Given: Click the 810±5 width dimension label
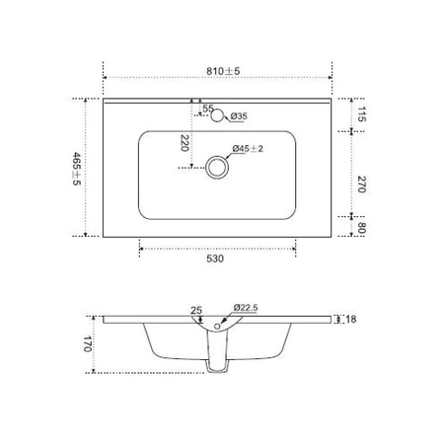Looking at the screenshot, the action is pyautogui.click(x=223, y=71).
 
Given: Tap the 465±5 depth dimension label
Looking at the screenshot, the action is pyautogui.click(x=76, y=169).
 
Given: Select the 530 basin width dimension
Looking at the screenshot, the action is pyautogui.click(x=215, y=259).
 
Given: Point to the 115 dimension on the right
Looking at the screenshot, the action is pyautogui.click(x=361, y=114).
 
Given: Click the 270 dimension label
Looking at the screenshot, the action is pyautogui.click(x=361, y=185).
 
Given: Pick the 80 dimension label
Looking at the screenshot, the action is pyautogui.click(x=361, y=228).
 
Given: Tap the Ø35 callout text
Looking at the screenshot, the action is pyautogui.click(x=239, y=116).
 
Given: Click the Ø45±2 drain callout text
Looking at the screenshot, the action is pyautogui.click(x=248, y=149).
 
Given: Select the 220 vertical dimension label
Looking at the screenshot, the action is pyautogui.click(x=185, y=143).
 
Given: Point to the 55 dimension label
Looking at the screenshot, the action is pyautogui.click(x=208, y=108).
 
